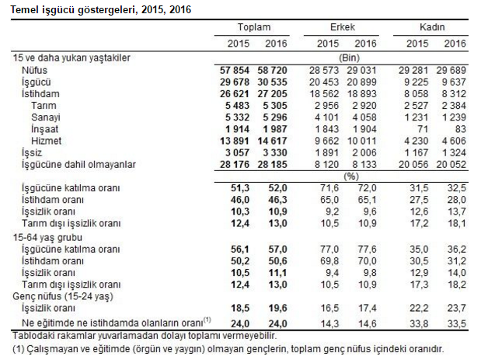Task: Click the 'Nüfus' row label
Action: click(34, 70)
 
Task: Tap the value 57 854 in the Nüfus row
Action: click(232, 70)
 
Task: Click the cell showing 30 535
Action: click(270, 82)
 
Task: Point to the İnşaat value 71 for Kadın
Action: click(423, 128)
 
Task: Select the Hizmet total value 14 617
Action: click(270, 140)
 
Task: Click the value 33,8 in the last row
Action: click(420, 323)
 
